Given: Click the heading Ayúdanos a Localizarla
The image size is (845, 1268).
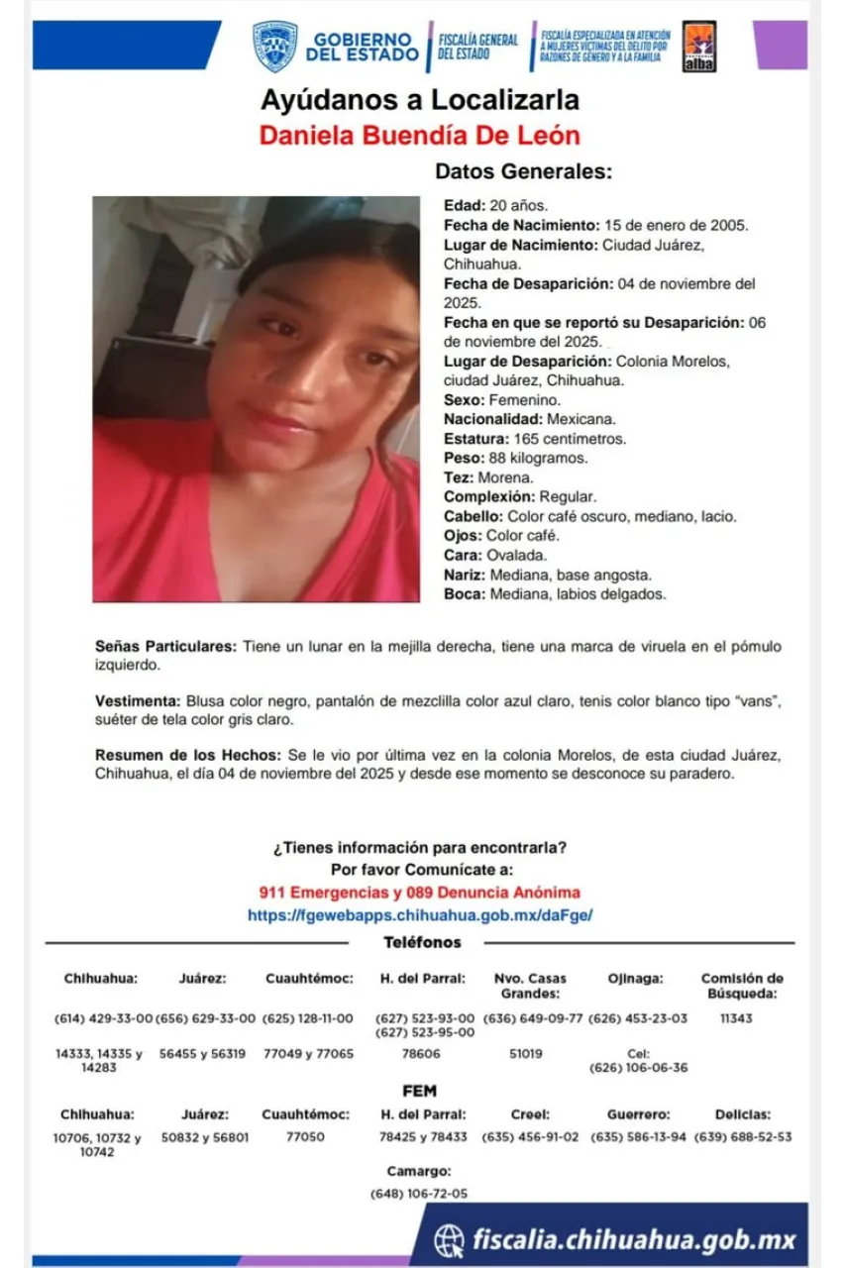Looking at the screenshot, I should (420, 100).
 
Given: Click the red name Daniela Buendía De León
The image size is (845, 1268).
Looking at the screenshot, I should (420, 135).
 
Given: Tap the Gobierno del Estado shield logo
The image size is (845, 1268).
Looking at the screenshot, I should (274, 47).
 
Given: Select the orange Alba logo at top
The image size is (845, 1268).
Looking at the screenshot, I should (699, 46).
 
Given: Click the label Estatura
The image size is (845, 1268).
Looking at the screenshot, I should (475, 439).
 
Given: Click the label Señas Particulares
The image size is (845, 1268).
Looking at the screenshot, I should (165, 647).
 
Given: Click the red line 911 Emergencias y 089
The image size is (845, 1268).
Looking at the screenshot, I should (420, 893).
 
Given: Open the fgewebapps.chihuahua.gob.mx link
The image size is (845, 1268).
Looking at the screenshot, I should (420, 916).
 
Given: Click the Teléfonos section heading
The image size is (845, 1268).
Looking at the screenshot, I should (422, 943).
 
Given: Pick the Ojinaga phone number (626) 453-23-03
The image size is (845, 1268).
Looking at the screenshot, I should (638, 1018).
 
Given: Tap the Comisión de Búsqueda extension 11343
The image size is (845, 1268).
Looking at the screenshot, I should (736, 1018).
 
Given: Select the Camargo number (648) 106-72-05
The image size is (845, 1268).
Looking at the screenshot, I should (419, 1194).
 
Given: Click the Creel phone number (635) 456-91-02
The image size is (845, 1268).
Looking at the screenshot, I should (530, 1137).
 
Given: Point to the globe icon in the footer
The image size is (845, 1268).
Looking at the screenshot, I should (449, 1239).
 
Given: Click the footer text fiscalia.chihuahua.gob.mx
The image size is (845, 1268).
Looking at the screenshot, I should (634, 1239).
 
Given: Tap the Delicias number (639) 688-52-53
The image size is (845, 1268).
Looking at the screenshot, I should (743, 1137).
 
